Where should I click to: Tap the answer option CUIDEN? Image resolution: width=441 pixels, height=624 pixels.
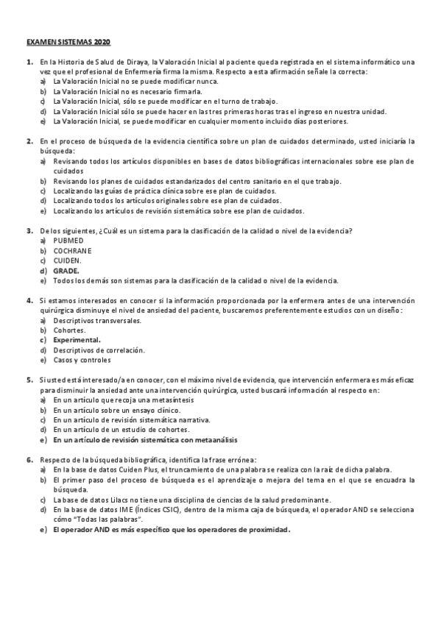[x=67, y=260]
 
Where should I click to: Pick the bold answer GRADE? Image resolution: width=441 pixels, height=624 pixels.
[x=66, y=270]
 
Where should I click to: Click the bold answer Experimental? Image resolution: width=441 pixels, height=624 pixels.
[x=77, y=340]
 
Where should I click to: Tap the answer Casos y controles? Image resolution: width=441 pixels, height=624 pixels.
[x=82, y=360]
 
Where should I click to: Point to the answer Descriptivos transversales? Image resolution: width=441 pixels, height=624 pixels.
[x=93, y=320]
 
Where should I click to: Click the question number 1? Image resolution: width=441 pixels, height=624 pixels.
[x=29, y=62]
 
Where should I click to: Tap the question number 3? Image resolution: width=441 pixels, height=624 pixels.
[x=29, y=230]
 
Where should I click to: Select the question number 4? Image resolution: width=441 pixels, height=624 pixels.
[x=29, y=300]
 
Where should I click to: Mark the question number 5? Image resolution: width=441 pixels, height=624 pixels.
[x=29, y=380]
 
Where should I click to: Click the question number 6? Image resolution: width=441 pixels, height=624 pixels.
[x=29, y=460]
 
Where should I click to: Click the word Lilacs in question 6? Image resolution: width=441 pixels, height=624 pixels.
[x=107, y=499]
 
